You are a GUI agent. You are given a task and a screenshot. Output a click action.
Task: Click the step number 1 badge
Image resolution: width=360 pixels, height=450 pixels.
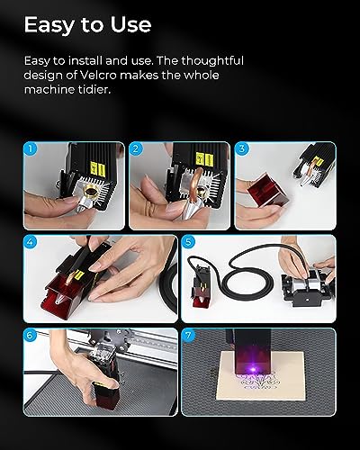coord(31,149)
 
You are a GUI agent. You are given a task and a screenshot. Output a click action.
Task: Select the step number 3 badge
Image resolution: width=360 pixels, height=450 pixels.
coord(242,149)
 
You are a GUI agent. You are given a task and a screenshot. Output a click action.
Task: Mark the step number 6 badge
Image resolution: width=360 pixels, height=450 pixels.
coord(31,336)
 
